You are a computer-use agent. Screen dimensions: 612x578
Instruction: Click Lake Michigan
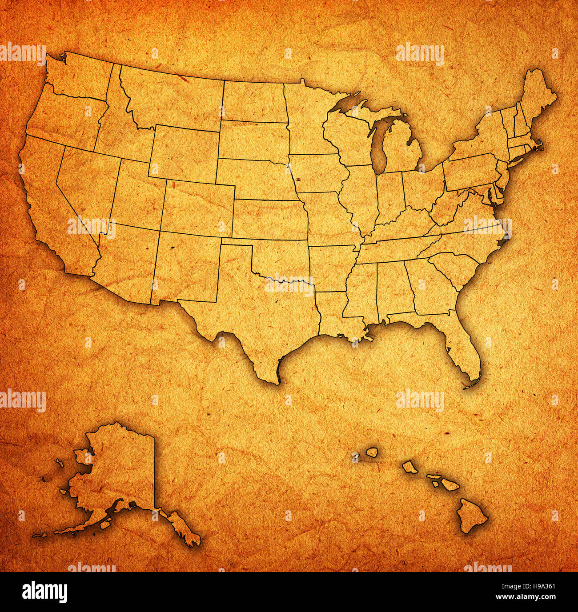click(x=378, y=147)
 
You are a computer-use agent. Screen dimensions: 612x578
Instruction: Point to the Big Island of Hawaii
click(x=471, y=516)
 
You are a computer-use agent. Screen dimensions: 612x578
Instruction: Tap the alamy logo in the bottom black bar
click(x=44, y=592)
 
